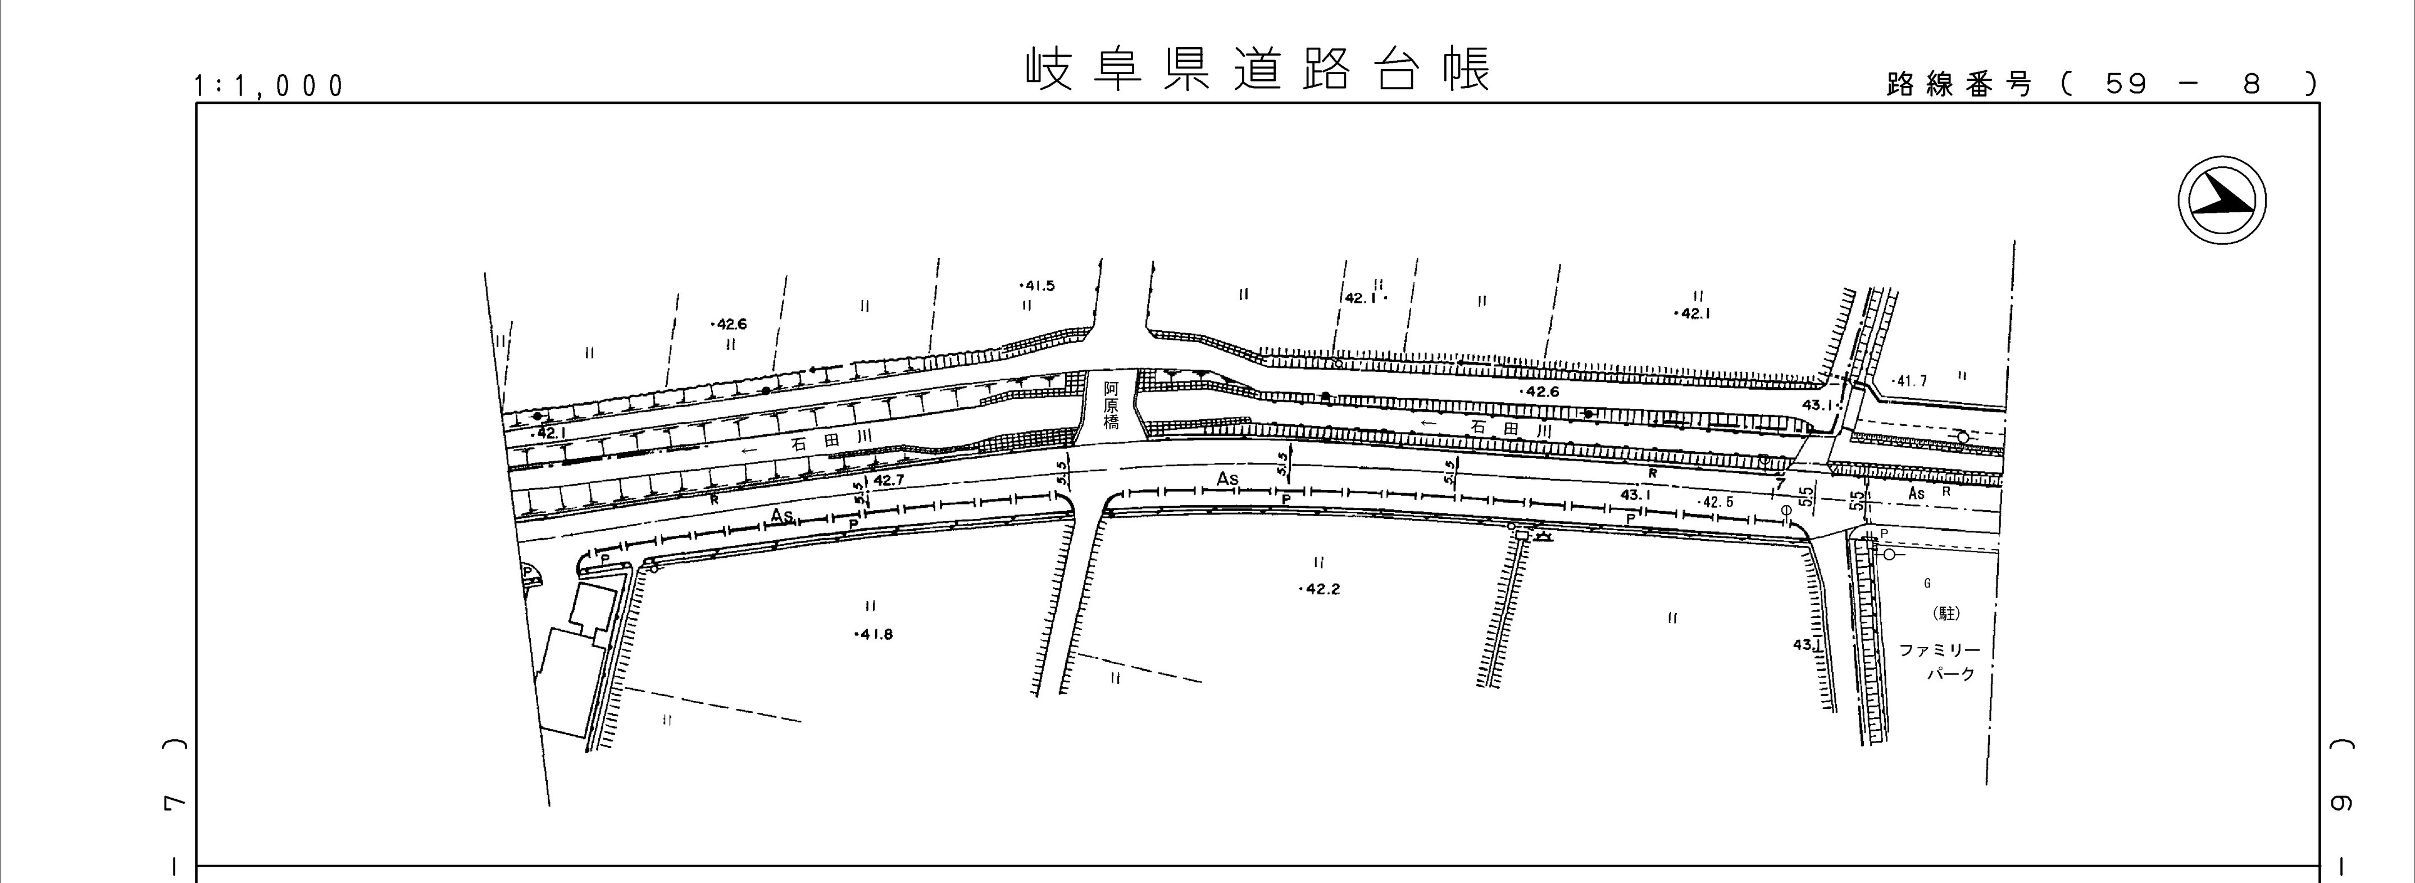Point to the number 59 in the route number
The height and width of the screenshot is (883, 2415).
[2125, 84]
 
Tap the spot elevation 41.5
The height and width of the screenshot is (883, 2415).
[1037, 286]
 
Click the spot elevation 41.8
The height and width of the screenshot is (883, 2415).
[875, 635]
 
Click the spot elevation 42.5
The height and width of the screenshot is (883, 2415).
[1717, 502]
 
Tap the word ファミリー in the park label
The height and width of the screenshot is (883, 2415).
[1940, 650]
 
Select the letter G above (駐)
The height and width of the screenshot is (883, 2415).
[1927, 583]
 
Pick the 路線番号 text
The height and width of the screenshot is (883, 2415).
[1959, 84]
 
